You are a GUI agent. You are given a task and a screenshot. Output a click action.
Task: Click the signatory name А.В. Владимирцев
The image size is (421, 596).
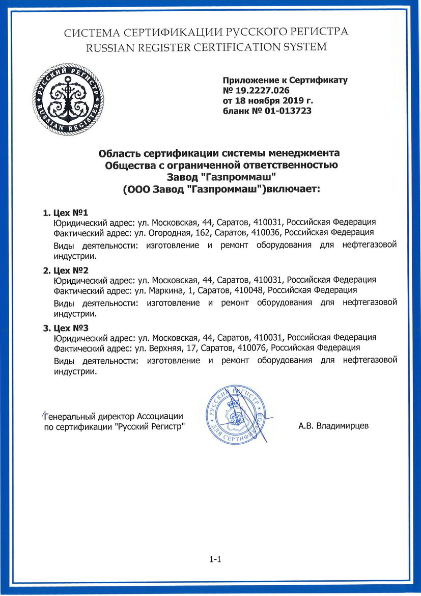333,425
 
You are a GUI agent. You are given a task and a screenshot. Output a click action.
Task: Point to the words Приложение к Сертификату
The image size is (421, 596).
285,80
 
